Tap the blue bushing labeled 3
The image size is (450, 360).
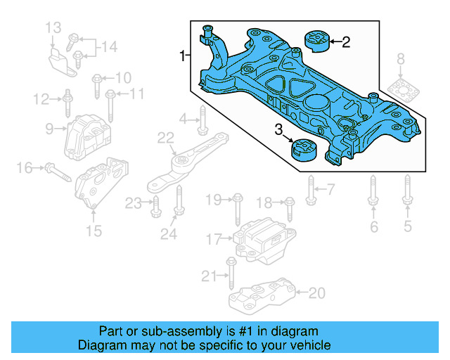304,151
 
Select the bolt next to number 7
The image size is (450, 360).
311,188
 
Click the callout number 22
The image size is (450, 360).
165,137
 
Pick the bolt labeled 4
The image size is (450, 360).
202,120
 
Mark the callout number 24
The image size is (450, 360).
169,234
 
